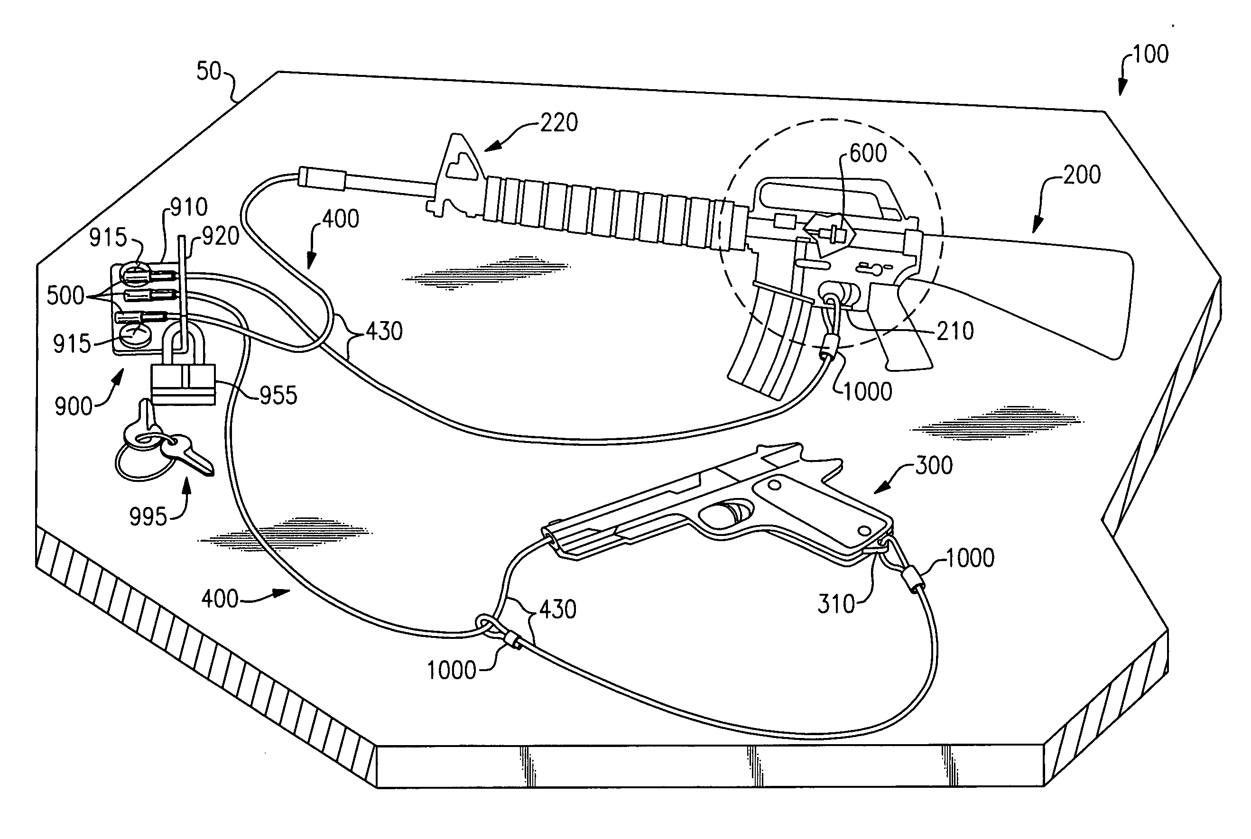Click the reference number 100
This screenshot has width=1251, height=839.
tap(1150, 55)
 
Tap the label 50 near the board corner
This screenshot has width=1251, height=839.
tap(209, 72)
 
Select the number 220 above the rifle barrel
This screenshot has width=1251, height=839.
tap(559, 123)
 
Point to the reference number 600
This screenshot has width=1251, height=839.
tap(868, 154)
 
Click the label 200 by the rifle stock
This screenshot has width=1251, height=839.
tap(1081, 175)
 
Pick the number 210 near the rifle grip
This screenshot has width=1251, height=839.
tap(955, 332)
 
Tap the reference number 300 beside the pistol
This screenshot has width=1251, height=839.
tap(934, 466)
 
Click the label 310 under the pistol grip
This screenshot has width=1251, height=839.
tap(836, 605)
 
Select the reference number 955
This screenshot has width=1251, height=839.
tap(278, 396)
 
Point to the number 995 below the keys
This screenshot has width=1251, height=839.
tap(148, 517)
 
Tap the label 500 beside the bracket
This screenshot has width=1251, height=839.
tap(65, 296)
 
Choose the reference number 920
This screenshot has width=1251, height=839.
tap(221, 237)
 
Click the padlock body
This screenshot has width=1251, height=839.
tap(183, 384)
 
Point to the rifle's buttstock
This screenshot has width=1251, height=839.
tap(1043, 295)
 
